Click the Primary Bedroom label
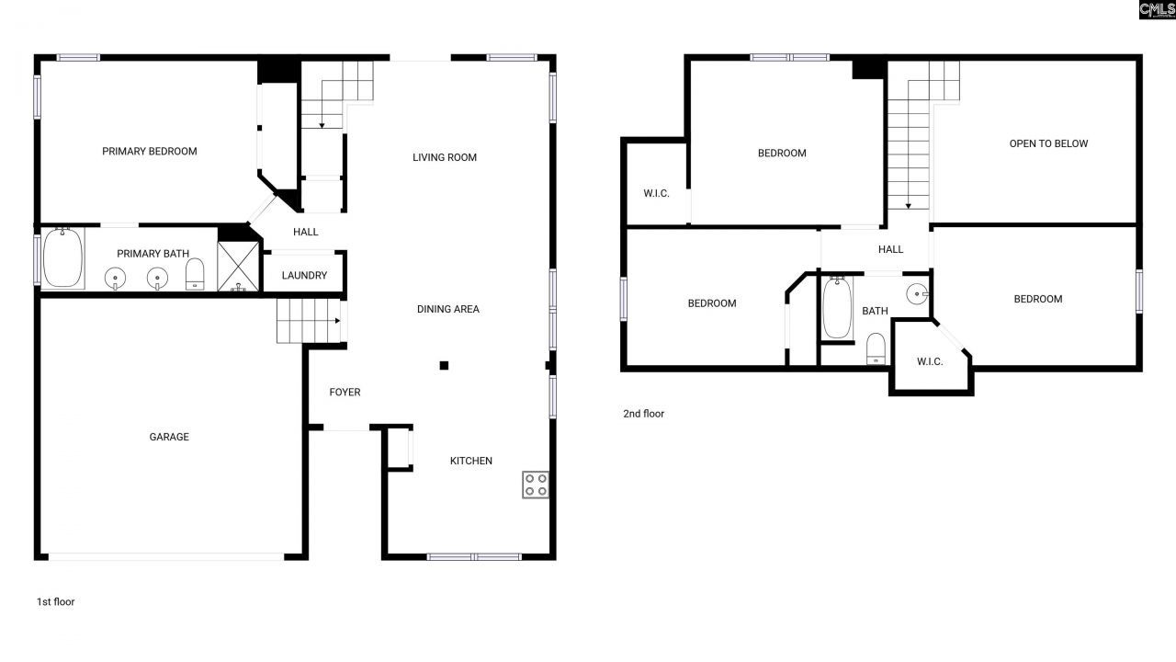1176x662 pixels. tap(149, 151)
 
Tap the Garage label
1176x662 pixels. tap(169, 437)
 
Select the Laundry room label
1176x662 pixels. tap(304, 275)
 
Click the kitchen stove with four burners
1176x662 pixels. tap(536, 485)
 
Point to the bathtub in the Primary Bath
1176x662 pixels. tap(62, 259)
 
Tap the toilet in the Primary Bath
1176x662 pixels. tap(195, 274)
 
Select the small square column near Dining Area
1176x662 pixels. tap(444, 366)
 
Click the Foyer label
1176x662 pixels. tap(345, 393)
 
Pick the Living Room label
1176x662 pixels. tap(445, 157)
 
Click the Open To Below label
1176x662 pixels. tap(1048, 143)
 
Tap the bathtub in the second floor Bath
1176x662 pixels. tap(837, 309)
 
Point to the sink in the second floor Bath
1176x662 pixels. tap(917, 293)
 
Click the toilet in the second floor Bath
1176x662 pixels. tap(876, 348)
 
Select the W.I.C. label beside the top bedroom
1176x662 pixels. tap(656, 193)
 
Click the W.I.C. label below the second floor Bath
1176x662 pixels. tap(930, 361)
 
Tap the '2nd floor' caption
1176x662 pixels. tap(643, 414)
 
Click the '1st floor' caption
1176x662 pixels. tap(55, 602)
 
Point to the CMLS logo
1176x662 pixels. tap(1157, 10)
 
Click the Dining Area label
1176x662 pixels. tap(448, 309)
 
